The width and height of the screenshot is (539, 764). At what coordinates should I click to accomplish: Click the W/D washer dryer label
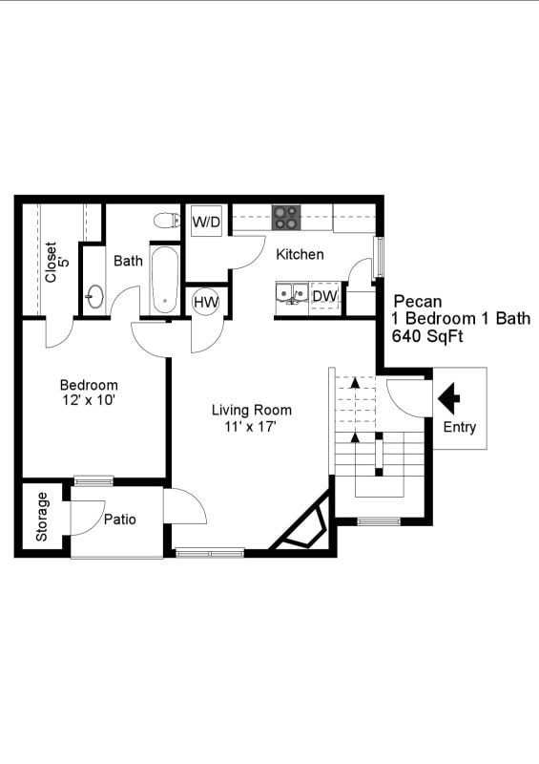(206, 223)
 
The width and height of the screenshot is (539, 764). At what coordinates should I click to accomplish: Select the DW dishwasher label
(324, 296)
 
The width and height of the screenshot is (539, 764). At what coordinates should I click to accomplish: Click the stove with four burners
(286, 218)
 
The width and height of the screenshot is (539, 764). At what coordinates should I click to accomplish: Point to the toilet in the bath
(167, 221)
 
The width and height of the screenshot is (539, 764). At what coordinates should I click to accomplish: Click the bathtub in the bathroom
(164, 281)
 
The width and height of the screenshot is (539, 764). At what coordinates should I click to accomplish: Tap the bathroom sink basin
(94, 296)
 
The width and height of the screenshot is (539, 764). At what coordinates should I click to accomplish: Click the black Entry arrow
(448, 393)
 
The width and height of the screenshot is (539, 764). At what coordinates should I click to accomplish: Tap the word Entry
(460, 428)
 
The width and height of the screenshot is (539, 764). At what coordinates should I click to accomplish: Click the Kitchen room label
(300, 255)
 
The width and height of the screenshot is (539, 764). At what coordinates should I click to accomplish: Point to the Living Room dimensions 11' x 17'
(252, 427)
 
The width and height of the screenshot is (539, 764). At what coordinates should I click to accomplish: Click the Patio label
(120, 520)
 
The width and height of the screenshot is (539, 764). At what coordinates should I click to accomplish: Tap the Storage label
(42, 518)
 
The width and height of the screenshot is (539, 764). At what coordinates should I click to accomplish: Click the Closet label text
(51, 262)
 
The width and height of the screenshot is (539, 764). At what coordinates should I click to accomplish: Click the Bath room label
(128, 260)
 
